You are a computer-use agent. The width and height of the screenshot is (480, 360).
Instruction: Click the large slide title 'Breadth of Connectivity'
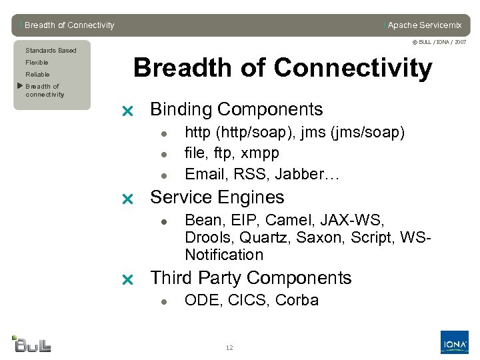click(283, 68)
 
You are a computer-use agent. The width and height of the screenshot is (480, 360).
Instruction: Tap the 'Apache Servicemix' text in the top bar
click(424, 25)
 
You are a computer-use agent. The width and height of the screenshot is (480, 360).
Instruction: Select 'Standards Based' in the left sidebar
click(51, 51)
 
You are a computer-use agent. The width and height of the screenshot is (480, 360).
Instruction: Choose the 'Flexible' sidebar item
click(37, 63)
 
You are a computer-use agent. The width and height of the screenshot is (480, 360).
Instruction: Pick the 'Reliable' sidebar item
click(37, 75)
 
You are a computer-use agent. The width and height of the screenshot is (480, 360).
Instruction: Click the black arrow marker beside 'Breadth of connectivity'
click(19, 86)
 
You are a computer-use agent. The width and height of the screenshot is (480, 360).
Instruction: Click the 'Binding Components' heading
click(236, 109)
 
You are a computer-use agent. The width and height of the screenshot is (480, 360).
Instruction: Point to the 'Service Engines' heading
click(217, 197)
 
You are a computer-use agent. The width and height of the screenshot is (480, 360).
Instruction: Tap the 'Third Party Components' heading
click(250, 278)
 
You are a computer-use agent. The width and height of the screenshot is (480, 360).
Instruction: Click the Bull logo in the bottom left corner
click(31, 343)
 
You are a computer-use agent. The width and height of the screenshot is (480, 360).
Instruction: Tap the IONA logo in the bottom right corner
click(454, 343)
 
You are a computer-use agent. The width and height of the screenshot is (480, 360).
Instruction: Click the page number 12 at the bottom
click(229, 348)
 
